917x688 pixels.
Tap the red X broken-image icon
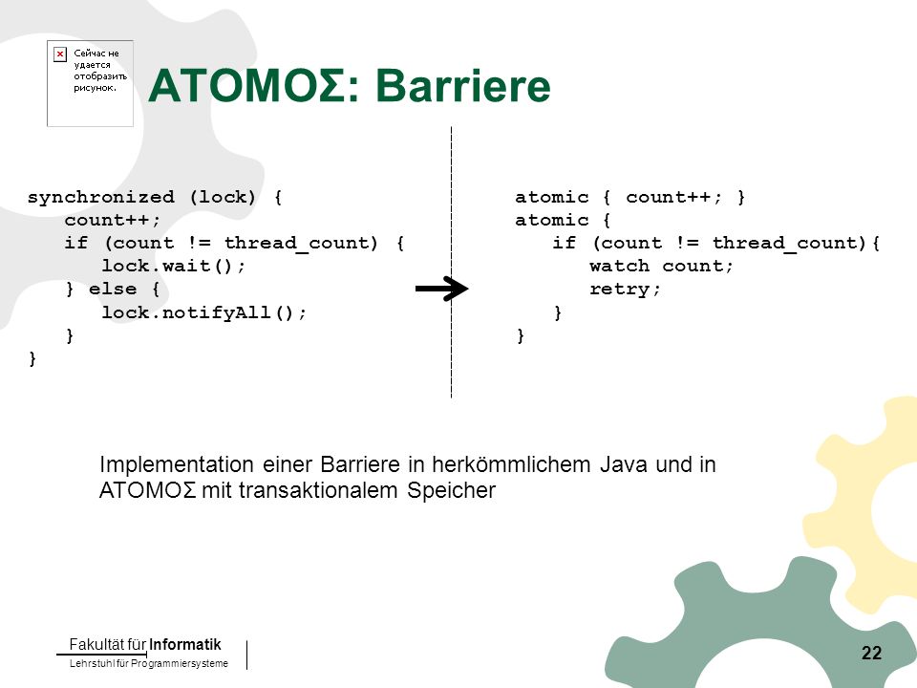point(60,54)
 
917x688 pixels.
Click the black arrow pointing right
point(441,289)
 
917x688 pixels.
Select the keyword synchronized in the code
point(101,197)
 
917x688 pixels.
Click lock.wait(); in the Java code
point(174,267)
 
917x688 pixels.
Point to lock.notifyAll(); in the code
point(204,312)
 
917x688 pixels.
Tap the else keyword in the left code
point(113,289)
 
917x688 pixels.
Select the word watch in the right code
point(619,267)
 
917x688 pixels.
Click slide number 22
point(871,653)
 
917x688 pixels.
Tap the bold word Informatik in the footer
point(184,645)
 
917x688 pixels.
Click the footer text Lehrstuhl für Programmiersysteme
point(149,663)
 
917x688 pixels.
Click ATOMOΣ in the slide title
point(245,85)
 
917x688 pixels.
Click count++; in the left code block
point(113,221)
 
